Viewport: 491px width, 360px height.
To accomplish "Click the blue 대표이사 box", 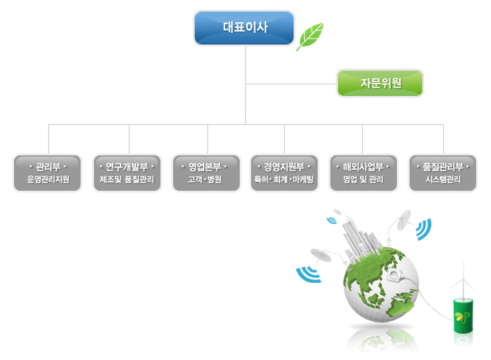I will [x=244, y=28].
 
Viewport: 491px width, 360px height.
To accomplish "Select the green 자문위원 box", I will [x=380, y=83].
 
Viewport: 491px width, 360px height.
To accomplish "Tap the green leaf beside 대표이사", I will [x=310, y=36].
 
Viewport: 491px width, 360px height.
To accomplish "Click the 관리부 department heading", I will [x=47, y=166].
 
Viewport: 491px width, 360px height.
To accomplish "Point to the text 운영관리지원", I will [x=47, y=179].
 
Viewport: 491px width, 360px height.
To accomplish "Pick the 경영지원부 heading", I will [x=284, y=166].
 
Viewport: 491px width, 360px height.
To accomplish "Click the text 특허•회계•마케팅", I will [x=284, y=179].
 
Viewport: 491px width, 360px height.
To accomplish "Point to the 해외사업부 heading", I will [x=362, y=166].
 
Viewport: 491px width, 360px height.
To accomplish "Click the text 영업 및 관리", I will [x=362, y=179].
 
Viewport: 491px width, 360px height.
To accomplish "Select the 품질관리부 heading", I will [x=442, y=166].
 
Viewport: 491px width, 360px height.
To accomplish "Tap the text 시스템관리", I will [x=442, y=179].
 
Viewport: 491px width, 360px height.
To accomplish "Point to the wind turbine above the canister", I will [x=464, y=278].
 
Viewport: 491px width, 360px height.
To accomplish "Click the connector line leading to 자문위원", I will [x=291, y=84].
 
